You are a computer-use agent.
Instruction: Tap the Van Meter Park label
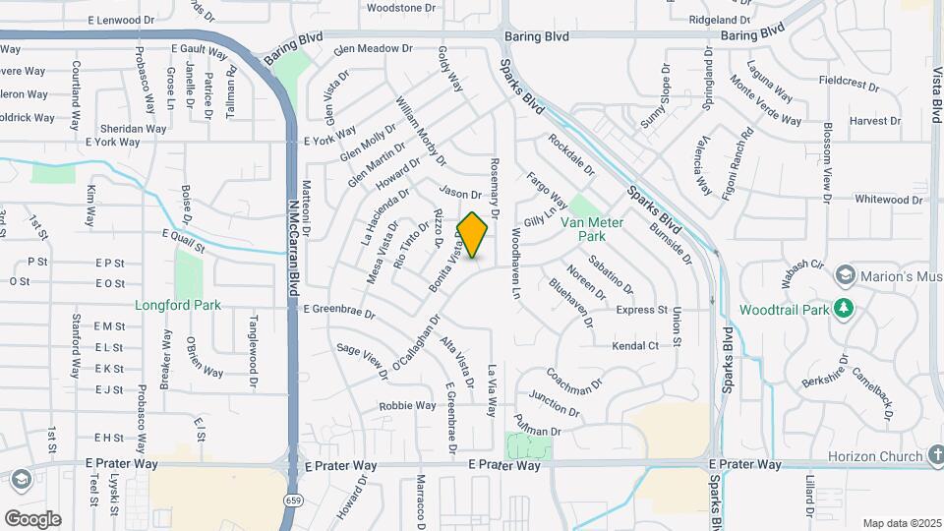click(x=592, y=229)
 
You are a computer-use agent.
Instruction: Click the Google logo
click(x=32, y=518)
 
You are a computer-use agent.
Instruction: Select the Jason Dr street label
click(x=459, y=195)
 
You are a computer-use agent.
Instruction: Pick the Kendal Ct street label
click(x=634, y=346)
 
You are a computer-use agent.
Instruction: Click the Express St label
click(x=641, y=311)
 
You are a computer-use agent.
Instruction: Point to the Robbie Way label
click(x=407, y=405)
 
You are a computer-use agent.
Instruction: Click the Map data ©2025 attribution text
click(x=901, y=523)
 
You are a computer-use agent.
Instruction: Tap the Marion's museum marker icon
click(x=844, y=273)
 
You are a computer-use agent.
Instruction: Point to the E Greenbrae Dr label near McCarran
click(x=339, y=312)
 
